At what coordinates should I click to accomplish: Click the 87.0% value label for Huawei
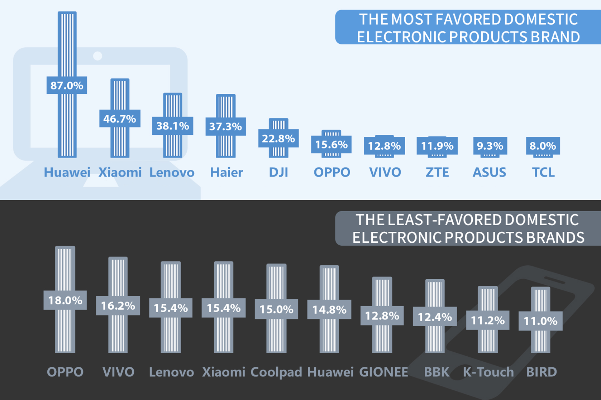click(67, 85)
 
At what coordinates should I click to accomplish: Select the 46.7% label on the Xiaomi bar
click(120, 119)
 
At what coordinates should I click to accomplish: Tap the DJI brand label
click(278, 172)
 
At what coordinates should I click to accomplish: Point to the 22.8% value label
click(278, 138)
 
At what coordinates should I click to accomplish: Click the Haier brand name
click(226, 172)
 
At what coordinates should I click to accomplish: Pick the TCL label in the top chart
click(543, 172)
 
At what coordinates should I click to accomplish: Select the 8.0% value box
click(543, 146)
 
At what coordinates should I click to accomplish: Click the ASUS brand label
click(490, 172)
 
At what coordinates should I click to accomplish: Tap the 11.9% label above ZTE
click(437, 146)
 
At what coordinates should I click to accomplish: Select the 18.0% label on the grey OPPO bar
click(65, 300)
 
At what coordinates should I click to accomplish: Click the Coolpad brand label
click(276, 372)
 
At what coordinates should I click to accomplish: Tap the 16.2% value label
click(118, 305)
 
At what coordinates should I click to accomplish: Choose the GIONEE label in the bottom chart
click(383, 372)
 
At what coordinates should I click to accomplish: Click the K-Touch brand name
click(488, 372)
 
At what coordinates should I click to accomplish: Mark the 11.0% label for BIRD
click(540, 321)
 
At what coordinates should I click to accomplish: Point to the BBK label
click(436, 372)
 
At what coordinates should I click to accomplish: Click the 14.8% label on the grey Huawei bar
click(329, 309)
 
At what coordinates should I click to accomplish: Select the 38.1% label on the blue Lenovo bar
click(173, 126)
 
